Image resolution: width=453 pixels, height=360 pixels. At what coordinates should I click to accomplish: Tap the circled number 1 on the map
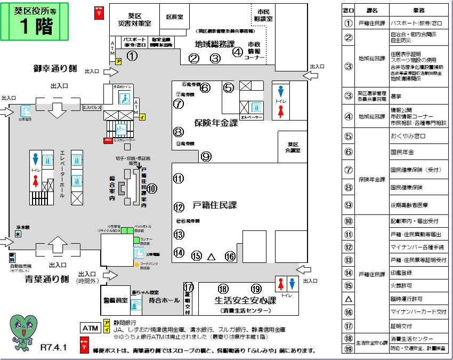click(x=132, y=55)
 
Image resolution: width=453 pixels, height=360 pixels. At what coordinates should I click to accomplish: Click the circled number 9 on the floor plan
click(x=206, y=156)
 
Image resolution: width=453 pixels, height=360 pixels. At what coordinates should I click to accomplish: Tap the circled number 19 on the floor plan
click(x=256, y=289)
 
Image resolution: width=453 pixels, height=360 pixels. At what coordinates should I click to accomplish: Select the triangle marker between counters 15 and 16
click(x=211, y=257)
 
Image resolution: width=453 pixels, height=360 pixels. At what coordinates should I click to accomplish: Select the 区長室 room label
click(x=174, y=17)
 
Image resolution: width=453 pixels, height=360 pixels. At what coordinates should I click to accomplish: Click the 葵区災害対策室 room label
click(x=134, y=20)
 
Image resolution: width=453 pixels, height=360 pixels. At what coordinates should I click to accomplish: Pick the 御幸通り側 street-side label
click(x=55, y=68)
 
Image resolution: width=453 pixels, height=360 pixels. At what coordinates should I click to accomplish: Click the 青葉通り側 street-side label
click(x=47, y=278)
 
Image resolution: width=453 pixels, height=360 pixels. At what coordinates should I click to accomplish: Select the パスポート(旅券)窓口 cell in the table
click(x=416, y=23)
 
